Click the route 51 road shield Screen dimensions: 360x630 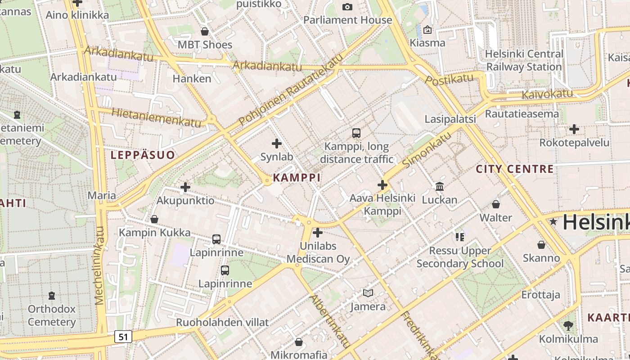click(x=123, y=336)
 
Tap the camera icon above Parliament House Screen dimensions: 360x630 click(x=347, y=7)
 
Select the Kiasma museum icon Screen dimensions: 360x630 click(x=427, y=30)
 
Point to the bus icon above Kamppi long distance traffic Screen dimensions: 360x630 click(x=356, y=133)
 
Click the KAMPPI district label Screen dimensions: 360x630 click(x=297, y=177)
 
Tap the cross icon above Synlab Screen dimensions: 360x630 click(x=277, y=144)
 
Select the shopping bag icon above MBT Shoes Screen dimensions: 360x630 click(x=205, y=31)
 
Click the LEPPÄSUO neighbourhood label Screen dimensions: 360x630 click(x=143, y=155)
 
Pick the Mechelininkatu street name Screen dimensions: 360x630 click(x=100, y=265)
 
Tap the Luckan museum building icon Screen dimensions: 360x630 click(x=439, y=186)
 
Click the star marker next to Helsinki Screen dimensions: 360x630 click(x=553, y=222)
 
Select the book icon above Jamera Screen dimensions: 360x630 click(x=368, y=293)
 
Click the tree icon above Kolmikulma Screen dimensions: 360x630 click(x=568, y=325)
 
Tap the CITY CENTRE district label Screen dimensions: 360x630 click(x=515, y=169)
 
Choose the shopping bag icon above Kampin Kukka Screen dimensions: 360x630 click(x=154, y=219)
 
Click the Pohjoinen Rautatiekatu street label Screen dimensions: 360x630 click(x=288, y=90)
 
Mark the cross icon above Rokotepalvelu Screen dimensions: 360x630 click(x=574, y=129)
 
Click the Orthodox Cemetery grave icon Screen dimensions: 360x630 click(x=52, y=296)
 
